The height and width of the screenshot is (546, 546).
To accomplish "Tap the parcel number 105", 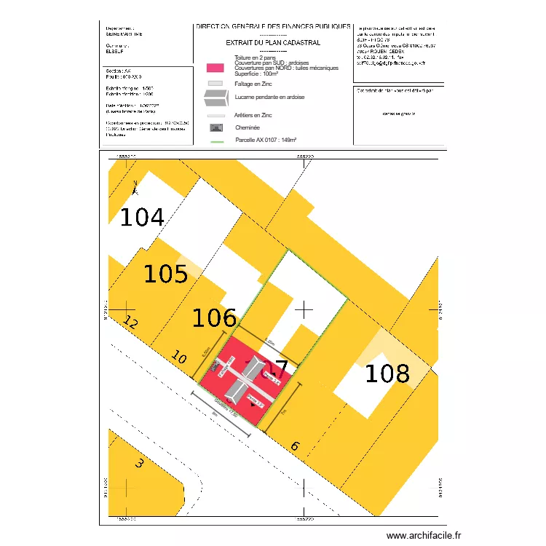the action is pyautogui.click(x=165, y=274).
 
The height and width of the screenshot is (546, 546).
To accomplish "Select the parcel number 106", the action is pyautogui.click(x=214, y=317).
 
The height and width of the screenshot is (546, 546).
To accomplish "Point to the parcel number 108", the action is pyautogui.click(x=387, y=373).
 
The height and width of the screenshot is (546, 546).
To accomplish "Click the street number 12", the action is pyautogui.click(x=131, y=323).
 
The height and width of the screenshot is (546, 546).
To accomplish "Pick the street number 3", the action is pyautogui.click(x=140, y=462).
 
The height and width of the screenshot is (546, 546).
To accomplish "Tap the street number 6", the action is pyautogui.click(x=295, y=446).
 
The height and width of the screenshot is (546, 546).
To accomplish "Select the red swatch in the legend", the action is pyautogui.click(x=215, y=68).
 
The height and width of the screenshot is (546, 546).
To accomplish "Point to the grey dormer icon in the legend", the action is pyautogui.click(x=215, y=100).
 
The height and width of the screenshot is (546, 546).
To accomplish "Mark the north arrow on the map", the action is pyautogui.click(x=135, y=187).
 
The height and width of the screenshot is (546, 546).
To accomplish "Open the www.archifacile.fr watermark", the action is pyautogui.click(x=423, y=535).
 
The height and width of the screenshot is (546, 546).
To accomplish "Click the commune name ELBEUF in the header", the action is pyautogui.click(x=116, y=52).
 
